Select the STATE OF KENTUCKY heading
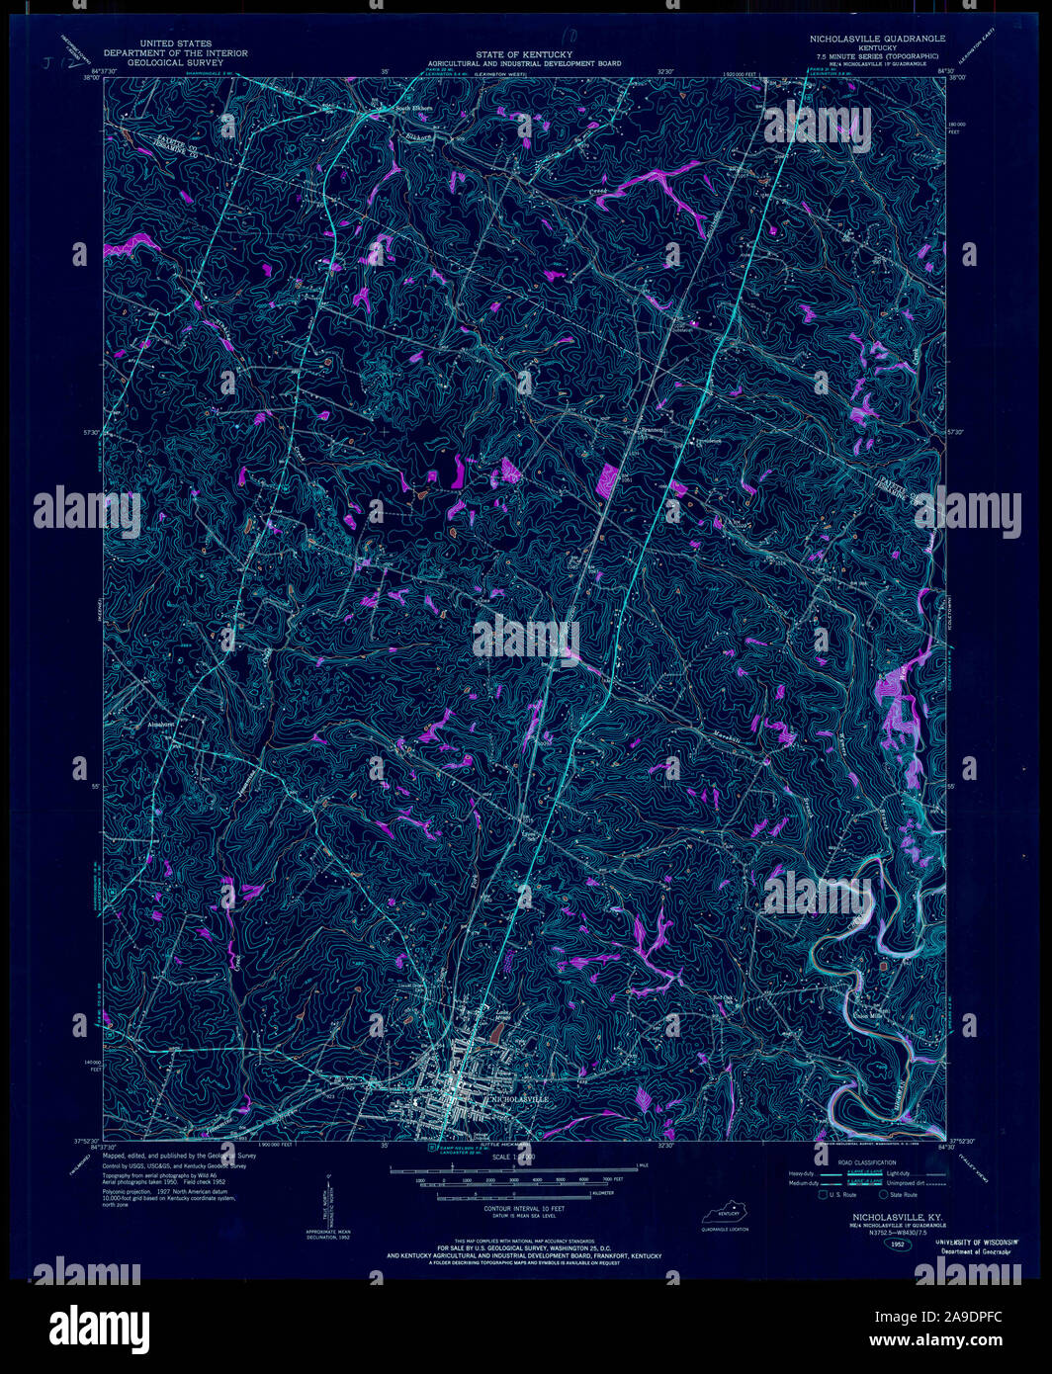523,54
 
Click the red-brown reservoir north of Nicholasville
494,1032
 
